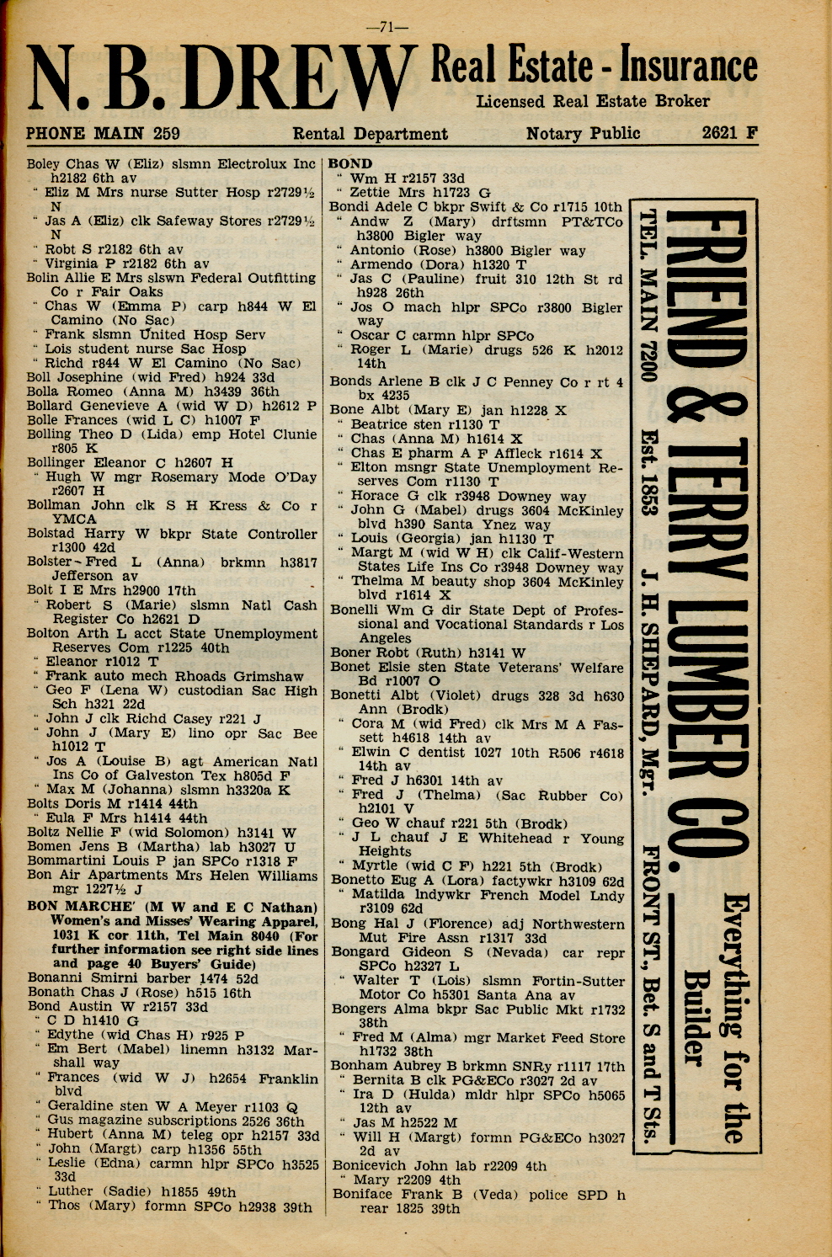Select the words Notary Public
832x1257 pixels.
point(583,133)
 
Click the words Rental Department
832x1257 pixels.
point(370,133)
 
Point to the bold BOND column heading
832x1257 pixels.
point(350,163)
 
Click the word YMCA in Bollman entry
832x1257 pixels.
point(74,519)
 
